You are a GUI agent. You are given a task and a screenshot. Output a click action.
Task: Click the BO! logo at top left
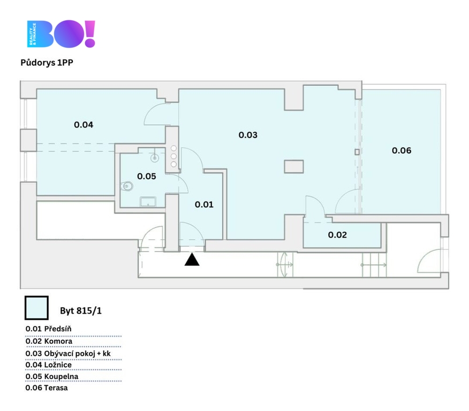pos(61,34)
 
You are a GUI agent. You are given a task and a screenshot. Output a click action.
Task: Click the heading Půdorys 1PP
pos(47,63)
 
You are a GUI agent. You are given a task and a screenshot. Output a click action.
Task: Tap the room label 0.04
pos(84,125)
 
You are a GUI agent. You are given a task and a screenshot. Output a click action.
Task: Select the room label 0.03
pos(248,135)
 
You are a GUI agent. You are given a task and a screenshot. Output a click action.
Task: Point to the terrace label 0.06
pos(402,150)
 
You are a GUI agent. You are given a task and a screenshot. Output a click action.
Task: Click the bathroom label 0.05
pos(147,177)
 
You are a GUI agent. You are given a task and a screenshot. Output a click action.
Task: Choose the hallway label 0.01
pos(204,204)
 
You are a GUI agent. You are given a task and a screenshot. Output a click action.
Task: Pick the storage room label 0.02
pos(337,235)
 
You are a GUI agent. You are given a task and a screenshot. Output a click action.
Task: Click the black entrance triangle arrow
pos(192,260)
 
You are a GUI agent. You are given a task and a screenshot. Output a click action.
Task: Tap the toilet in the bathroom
pos(127,186)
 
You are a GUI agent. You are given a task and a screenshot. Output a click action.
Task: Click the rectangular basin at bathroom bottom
pos(148,202)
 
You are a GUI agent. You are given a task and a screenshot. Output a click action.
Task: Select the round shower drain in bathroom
pos(154,158)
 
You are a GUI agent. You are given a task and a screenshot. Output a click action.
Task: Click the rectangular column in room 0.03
pos(294,166)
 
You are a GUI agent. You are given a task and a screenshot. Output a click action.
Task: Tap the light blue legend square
pos(36,308)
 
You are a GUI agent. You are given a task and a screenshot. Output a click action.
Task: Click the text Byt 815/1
pos(81,311)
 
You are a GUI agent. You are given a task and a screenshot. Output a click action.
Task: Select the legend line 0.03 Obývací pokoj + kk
pos(68,354)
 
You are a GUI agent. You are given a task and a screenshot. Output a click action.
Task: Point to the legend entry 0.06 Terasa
pos(47,388)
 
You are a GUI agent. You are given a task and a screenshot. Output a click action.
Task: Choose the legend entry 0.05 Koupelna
pos(52,377)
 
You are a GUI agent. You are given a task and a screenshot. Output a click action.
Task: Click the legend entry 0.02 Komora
pos(49,341)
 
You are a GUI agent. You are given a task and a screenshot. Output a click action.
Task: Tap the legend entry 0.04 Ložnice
pos(49,365)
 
